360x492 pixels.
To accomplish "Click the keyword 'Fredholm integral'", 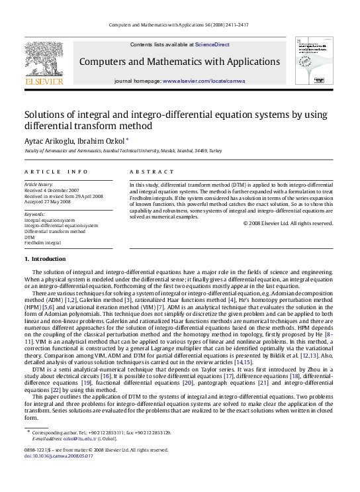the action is point(42,242).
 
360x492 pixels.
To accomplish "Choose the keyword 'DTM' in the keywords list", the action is point(29,237).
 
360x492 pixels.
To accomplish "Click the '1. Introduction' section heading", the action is point(45,258).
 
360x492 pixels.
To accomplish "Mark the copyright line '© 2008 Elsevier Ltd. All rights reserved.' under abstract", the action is point(289,223).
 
